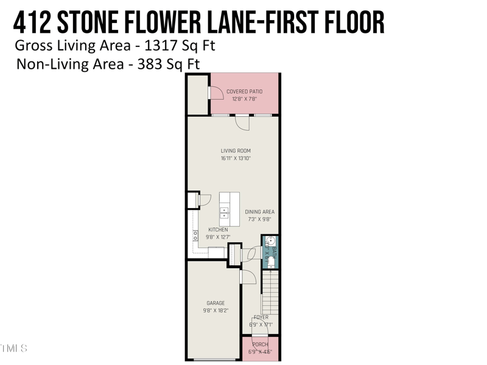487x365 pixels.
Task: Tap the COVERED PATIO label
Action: point(244,92)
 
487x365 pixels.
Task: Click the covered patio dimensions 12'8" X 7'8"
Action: point(244,99)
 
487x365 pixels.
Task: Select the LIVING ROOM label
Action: point(236,151)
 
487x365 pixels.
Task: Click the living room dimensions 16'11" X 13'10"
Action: point(236,158)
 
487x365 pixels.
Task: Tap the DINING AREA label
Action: point(260,212)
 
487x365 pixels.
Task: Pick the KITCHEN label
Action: point(218,230)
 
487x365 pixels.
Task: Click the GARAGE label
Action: point(215,303)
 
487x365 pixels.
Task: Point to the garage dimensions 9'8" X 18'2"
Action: point(215,310)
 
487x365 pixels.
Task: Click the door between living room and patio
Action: point(243,122)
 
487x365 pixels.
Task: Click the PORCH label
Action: point(260,345)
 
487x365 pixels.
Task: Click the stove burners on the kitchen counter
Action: point(195,236)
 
